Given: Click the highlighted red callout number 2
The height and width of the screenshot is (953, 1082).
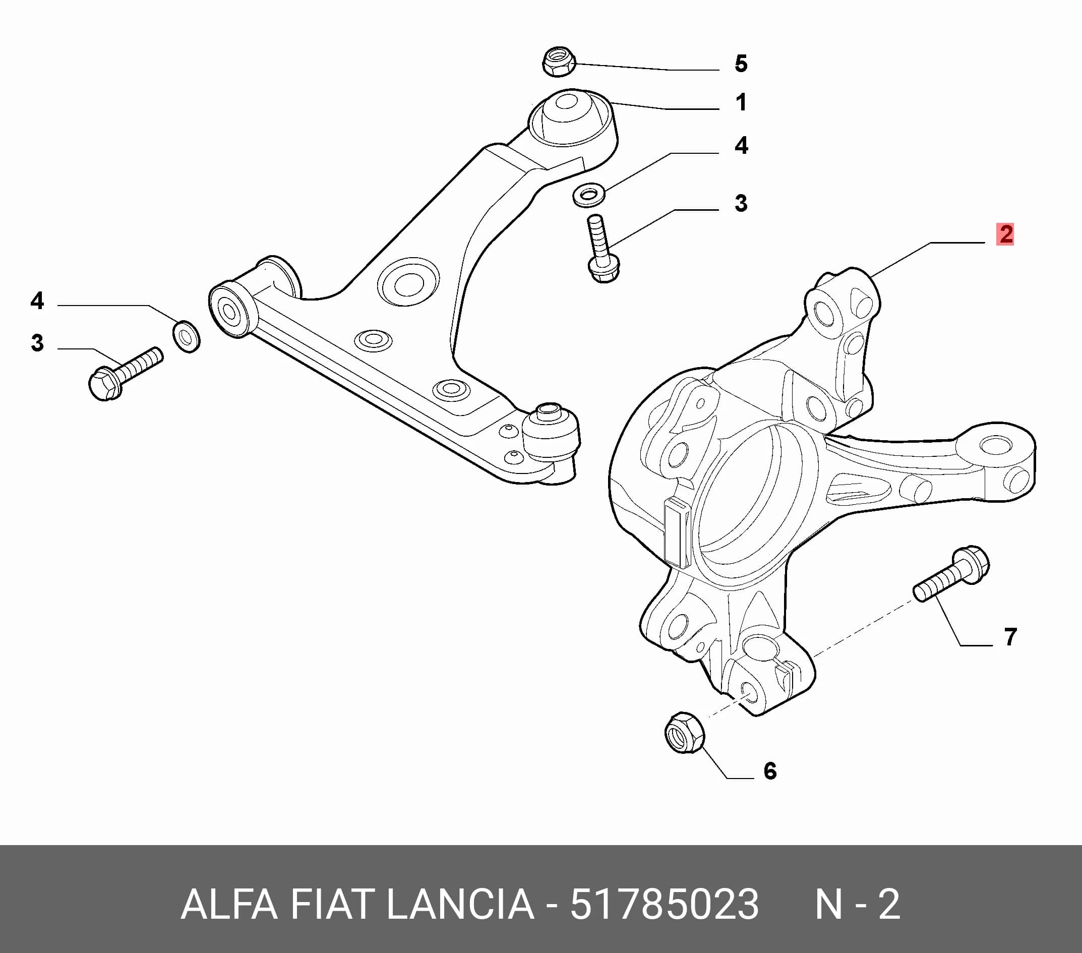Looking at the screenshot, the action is pos(1005,234).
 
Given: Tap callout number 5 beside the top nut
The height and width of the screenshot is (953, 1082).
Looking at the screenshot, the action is pos(741,64).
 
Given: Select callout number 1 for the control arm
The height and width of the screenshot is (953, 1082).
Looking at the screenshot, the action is pos(741,102).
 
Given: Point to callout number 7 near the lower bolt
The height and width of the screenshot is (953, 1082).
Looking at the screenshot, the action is pos(1010,637).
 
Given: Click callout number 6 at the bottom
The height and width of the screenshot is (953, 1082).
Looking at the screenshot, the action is pos(770,771).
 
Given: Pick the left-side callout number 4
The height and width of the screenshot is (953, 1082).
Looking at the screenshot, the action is pos(37,301).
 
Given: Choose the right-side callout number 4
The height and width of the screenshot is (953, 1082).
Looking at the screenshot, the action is pos(741,145).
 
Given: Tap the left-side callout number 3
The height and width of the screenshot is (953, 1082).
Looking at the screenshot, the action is pos(37,343).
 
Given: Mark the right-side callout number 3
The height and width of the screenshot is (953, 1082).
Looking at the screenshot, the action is pos(741,203).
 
